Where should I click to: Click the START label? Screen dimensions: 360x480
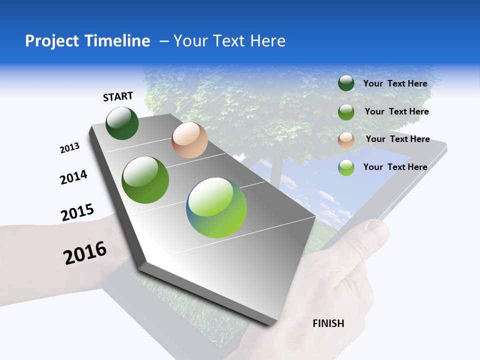click(x=118, y=96)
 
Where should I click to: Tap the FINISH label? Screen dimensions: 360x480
click(x=328, y=323)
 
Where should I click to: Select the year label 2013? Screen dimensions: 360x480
click(x=69, y=148)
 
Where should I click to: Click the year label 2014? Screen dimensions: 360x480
click(x=73, y=177)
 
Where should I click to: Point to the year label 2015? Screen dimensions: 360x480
click(x=77, y=212)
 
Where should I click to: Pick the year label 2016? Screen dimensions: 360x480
click(x=85, y=253)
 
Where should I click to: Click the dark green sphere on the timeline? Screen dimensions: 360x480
click(x=122, y=123)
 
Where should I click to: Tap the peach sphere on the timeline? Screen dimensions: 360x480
click(x=189, y=140)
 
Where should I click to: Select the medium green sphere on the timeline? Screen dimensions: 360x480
click(x=145, y=180)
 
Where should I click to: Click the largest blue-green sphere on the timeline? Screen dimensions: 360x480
click(x=216, y=207)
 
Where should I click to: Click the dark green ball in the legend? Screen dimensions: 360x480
click(x=346, y=83)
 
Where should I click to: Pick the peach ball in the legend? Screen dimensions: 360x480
click(x=346, y=140)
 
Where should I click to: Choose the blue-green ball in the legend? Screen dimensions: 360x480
click(x=346, y=167)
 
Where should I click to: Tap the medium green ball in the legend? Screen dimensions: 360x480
click(x=346, y=112)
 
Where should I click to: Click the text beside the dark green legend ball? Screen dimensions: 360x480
click(x=395, y=83)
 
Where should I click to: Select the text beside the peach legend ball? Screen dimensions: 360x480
click(x=397, y=139)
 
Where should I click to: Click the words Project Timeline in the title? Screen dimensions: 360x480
click(x=87, y=41)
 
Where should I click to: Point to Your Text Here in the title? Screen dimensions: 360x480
click(x=229, y=41)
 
